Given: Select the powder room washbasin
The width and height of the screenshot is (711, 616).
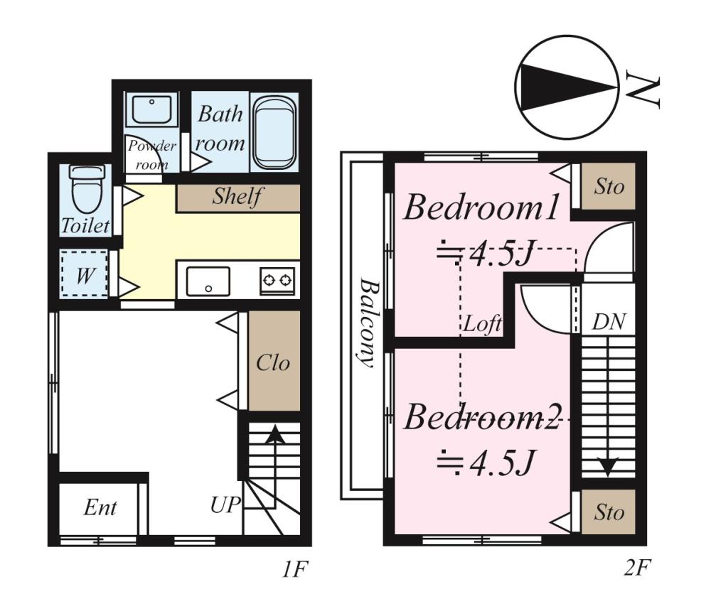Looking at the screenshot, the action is pyautogui.click(x=152, y=109).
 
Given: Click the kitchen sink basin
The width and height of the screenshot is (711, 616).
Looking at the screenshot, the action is pyautogui.click(x=208, y=282).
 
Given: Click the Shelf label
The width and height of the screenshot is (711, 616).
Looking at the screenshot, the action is pyautogui.click(x=237, y=196).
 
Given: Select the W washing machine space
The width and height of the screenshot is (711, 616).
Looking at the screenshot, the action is pyautogui.click(x=85, y=274).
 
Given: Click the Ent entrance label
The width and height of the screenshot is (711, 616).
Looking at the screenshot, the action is pyautogui.click(x=100, y=507).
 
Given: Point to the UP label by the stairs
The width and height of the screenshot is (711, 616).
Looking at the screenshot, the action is pyautogui.click(x=225, y=504).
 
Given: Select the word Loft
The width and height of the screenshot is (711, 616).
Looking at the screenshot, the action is pyautogui.click(x=483, y=324).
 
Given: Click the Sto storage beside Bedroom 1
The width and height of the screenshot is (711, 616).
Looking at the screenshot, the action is pyautogui.click(x=609, y=186).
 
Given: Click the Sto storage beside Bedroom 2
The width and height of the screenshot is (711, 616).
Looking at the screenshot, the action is pyautogui.click(x=609, y=512).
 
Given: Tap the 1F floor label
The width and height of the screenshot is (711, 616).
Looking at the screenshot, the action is pyautogui.click(x=295, y=569).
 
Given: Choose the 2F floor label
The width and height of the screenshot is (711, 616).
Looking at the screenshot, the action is pyautogui.click(x=637, y=567).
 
